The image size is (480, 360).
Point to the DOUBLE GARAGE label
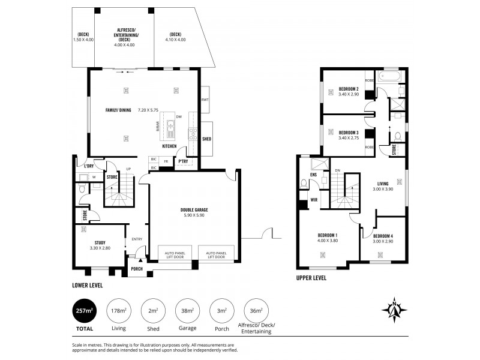[194, 210]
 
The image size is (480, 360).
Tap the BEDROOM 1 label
[328, 235]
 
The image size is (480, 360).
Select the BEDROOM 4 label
[383, 235]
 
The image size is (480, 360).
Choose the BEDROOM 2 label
[349, 89]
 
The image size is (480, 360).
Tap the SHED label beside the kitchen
[206, 139]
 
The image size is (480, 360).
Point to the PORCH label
[137, 269]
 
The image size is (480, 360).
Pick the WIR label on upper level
[313, 200]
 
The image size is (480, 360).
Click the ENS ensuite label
[313, 175]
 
